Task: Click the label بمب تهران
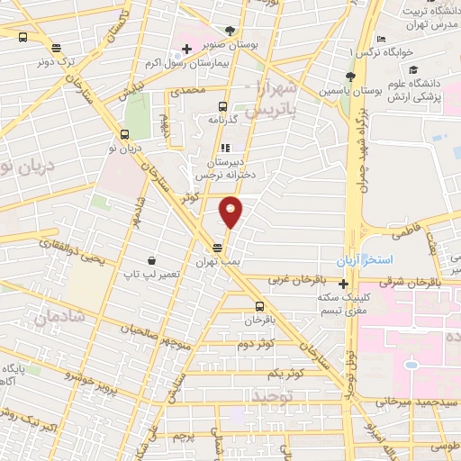pos(219,260)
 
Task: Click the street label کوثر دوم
pos(255,346)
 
